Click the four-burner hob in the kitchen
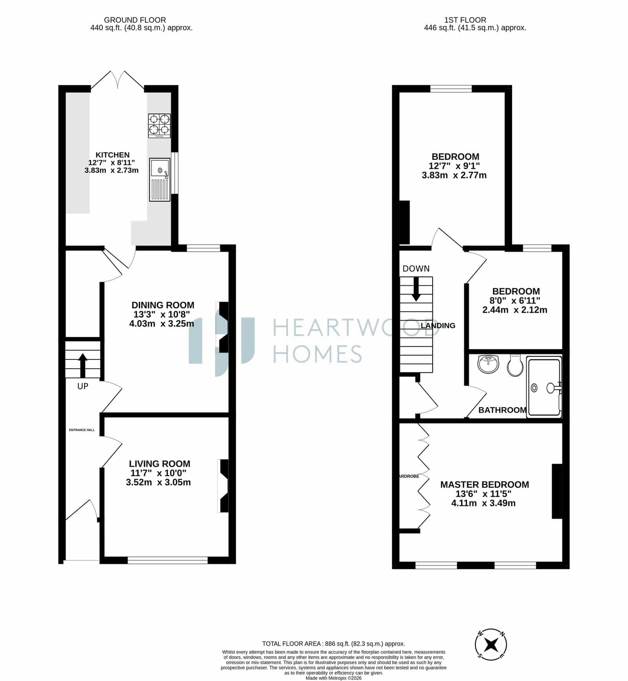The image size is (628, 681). (x=159, y=126)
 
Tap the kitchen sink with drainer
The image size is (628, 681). (x=160, y=180)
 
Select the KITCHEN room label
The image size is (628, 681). (x=113, y=155)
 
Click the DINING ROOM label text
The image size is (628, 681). (x=163, y=305)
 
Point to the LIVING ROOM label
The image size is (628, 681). (x=160, y=464)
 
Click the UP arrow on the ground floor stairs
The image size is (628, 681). (x=83, y=365)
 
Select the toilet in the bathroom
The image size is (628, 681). (x=514, y=365)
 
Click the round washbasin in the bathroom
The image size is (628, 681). (x=488, y=363)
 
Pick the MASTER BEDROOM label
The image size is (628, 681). (x=485, y=484)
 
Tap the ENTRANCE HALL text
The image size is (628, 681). (x=82, y=430)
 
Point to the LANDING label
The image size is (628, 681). (x=438, y=325)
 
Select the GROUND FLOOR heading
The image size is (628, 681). (x=135, y=20)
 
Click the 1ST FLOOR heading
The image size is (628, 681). (x=465, y=20)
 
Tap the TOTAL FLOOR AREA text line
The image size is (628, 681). (x=334, y=644)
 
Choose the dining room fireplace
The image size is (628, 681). (x=223, y=327)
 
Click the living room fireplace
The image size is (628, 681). (x=223, y=486)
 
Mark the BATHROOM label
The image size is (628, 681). (x=502, y=410)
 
